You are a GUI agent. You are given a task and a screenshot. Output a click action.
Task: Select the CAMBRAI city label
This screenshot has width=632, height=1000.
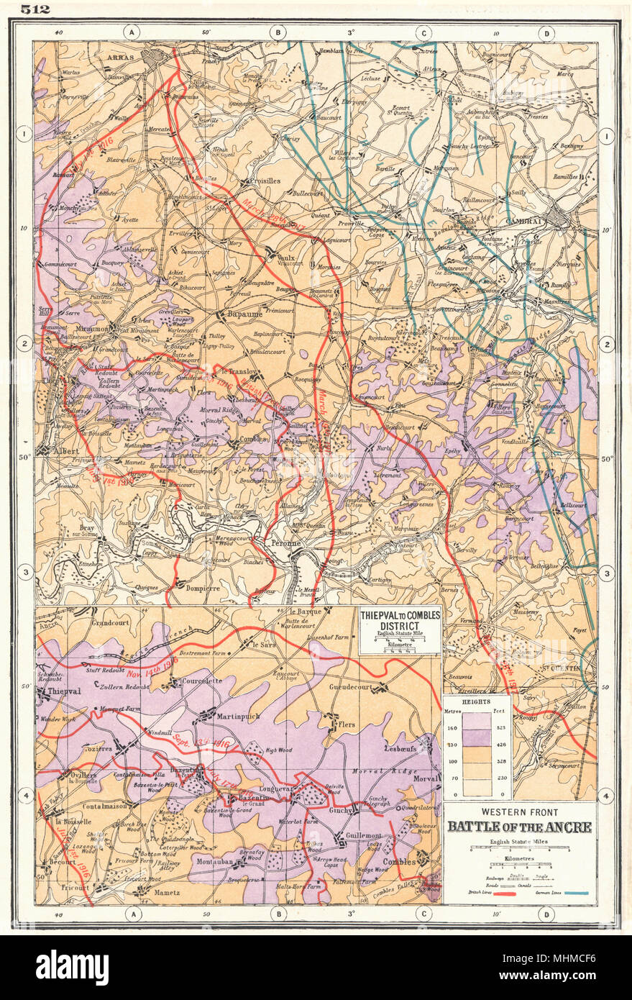coord(526,222)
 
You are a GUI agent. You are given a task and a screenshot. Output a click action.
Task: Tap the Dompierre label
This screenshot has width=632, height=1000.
coord(196,584)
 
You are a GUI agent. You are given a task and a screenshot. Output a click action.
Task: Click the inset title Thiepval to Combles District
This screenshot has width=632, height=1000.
coord(400,621)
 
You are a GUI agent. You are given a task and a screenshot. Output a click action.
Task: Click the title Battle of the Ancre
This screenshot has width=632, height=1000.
coord(519,827)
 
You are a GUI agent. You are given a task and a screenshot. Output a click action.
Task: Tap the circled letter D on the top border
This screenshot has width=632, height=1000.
coord(548,32)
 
